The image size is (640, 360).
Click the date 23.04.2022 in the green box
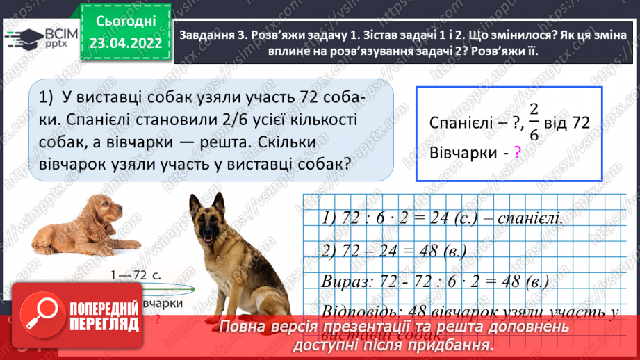coord(125,44)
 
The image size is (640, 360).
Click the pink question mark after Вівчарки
coord(517,153)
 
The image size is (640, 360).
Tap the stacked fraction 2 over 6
coord(533,122)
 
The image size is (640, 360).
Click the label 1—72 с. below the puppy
coord(136,275)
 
